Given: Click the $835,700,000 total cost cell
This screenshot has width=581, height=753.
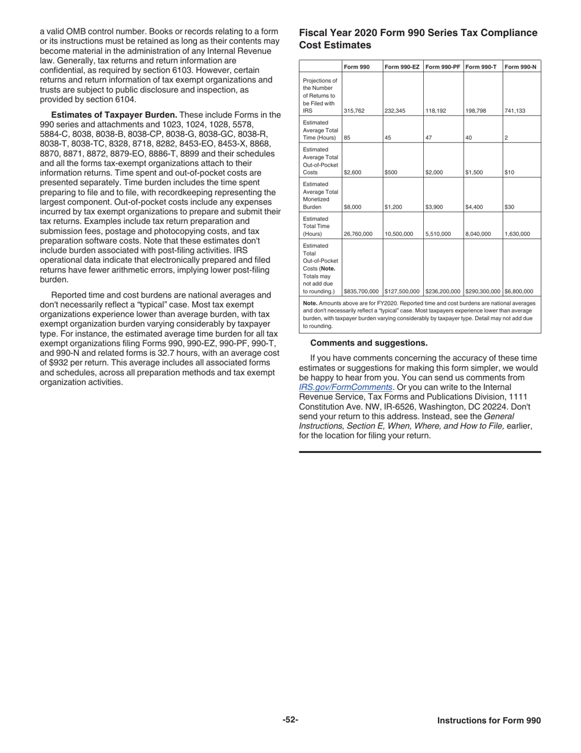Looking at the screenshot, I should pos(361,291).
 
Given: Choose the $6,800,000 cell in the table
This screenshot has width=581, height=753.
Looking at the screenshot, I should pos(519,291).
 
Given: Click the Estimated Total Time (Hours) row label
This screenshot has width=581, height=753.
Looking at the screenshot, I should pos(319,227).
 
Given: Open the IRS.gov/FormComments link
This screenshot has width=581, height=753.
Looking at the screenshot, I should pos(346,388).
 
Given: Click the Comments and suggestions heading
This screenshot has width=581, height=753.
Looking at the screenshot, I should pos(369,343).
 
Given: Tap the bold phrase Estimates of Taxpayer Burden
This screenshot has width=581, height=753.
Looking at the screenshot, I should pos(114,114).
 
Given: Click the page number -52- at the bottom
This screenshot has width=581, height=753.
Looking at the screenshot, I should pos(290,720).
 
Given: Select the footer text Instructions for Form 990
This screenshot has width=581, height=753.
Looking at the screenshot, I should pos(489,721).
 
